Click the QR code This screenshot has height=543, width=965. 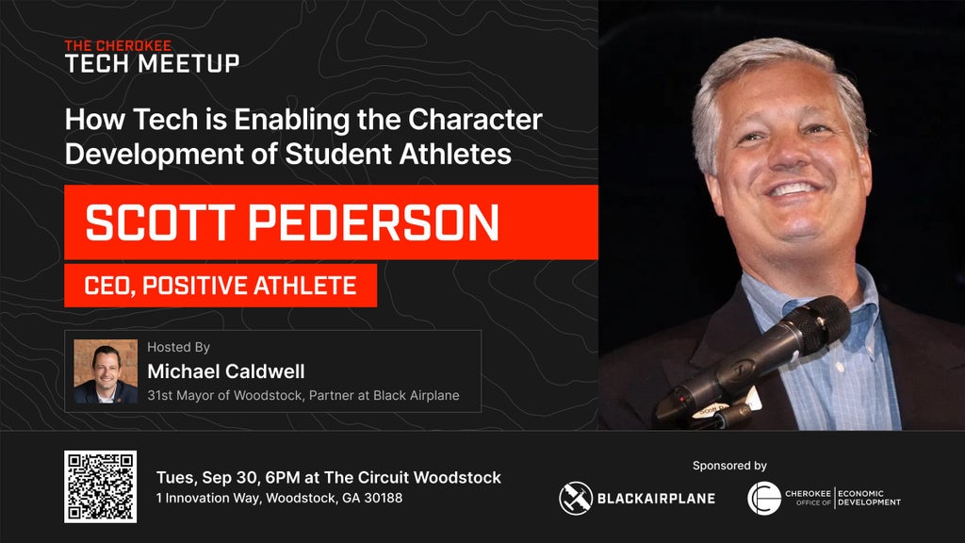pos(100,486)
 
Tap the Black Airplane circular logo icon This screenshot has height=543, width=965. pos(576,498)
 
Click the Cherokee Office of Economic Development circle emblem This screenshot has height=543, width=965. pos(763,498)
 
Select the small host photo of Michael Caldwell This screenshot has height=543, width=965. pos(106,371)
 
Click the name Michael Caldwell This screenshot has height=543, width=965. pos(226,371)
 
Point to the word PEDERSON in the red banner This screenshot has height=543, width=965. pos(373,222)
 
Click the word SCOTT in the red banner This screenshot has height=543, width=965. pos(160,222)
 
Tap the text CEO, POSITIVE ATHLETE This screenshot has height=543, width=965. pos(221,286)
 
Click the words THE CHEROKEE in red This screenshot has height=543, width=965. pos(118,45)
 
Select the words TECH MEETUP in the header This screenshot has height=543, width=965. pos(152,63)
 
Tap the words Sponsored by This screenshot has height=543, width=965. pos(729,466)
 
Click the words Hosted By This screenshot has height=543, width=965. pos(178,347)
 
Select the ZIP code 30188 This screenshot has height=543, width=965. pos(383,498)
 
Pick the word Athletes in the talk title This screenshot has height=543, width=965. pos(455,154)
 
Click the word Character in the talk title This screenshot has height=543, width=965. pos(475,120)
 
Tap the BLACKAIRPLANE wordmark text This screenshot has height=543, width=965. pos(656,498)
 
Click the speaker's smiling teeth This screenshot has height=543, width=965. pos(793,189)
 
